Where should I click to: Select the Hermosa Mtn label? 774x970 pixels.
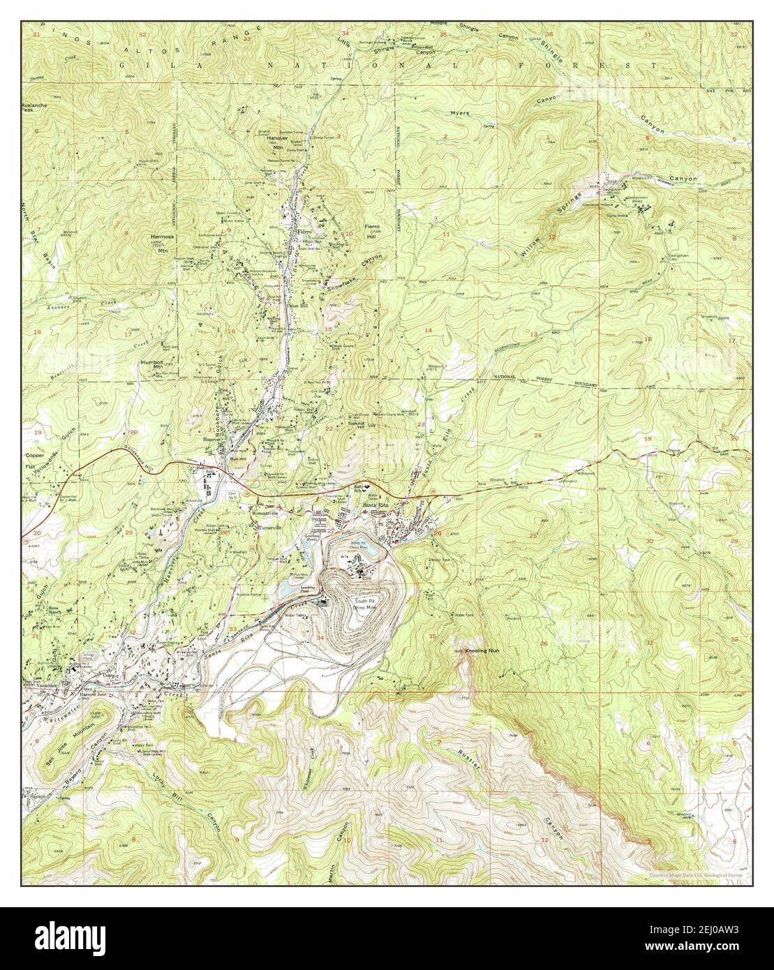click(161, 241)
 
